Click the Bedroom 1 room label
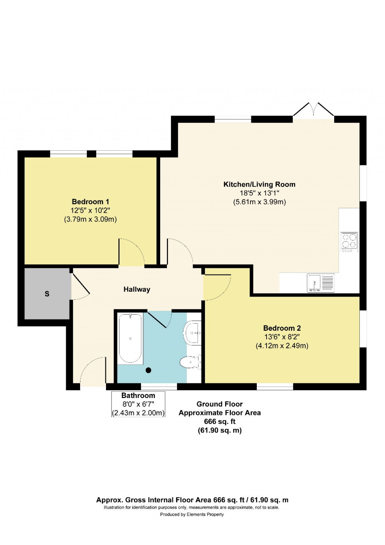(90, 202)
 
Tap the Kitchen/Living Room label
(259, 185)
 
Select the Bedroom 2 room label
(282, 328)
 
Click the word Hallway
(137, 289)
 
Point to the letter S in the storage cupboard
(47, 294)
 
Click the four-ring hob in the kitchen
(349, 242)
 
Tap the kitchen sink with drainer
(320, 283)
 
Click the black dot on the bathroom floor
(149, 370)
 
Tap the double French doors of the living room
(313, 110)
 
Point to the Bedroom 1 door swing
(131, 252)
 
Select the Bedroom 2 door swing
(217, 288)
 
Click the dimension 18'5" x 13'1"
(259, 193)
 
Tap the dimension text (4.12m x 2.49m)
(282, 346)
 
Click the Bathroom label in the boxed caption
(138, 396)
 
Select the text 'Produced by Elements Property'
(192, 515)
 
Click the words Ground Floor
(220, 404)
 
